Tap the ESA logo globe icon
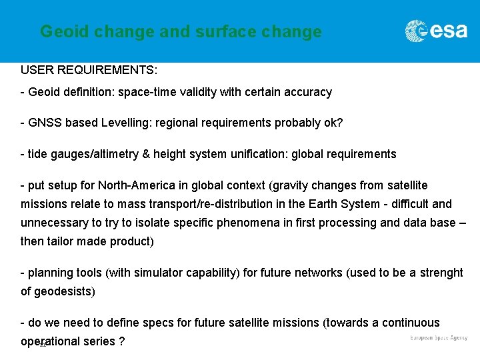[x=416, y=31]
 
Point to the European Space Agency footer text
[x=439, y=338]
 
